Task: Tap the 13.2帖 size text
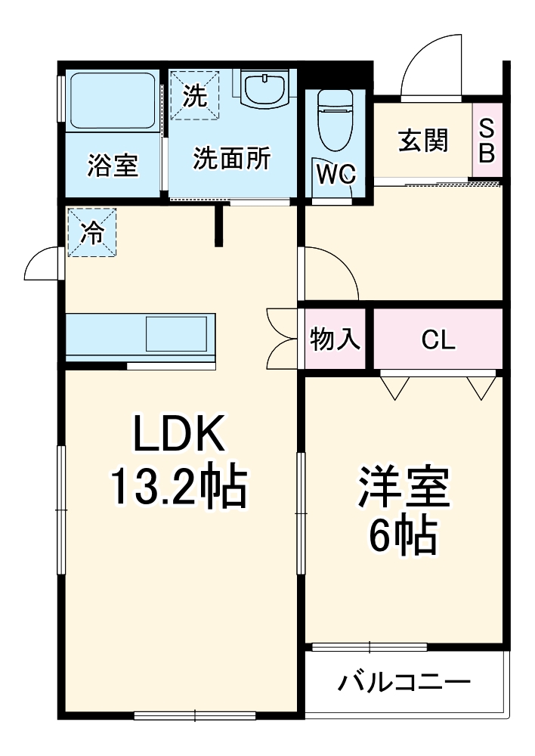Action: click(x=179, y=488)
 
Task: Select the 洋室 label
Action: click(x=404, y=489)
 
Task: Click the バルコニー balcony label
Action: click(x=404, y=683)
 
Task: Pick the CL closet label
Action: click(x=438, y=340)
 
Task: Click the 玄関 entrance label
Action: click(x=423, y=141)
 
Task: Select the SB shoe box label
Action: click(x=487, y=141)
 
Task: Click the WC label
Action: click(x=336, y=175)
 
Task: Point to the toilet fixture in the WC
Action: click(x=336, y=121)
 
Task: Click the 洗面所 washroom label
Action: click(x=230, y=159)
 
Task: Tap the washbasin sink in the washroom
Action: click(x=264, y=89)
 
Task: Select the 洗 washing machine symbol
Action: click(x=194, y=96)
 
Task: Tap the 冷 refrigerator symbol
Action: click(x=91, y=233)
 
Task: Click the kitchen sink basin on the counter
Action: click(x=175, y=334)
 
